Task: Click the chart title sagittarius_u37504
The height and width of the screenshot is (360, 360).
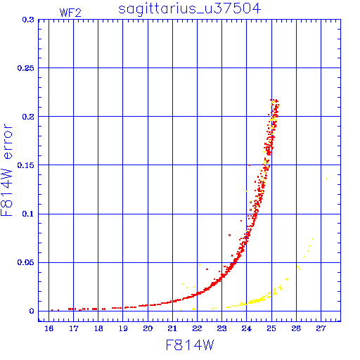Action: coord(189,9)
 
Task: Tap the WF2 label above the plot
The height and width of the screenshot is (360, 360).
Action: coord(70,13)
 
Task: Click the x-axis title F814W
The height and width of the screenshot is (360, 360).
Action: coord(190,345)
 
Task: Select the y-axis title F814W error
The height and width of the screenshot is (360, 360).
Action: coord(7,169)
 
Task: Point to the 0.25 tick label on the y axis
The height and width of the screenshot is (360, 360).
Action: coord(25,68)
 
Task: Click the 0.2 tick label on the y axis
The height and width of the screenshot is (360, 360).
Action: coord(28,117)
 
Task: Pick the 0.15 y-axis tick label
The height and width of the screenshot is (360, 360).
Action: coord(25,165)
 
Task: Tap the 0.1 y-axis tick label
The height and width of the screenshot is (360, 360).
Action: coord(28,214)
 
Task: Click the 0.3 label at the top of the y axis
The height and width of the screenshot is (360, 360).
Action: coord(28,20)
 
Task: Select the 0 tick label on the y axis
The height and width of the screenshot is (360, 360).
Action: coord(32,311)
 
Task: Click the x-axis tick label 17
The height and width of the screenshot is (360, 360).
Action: coord(73,328)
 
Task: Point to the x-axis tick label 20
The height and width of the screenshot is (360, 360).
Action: coord(148,328)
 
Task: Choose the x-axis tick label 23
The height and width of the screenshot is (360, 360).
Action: coord(221,328)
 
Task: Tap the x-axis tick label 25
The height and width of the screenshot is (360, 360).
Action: coord(271,328)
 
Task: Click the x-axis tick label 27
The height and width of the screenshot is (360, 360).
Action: coord(321,328)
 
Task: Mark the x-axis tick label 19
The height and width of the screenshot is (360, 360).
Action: coord(123,328)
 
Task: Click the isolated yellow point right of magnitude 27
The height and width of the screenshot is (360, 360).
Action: coord(327,179)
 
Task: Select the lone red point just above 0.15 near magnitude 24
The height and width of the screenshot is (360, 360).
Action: coord(250,165)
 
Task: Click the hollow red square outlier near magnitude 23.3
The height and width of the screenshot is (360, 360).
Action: coord(229,235)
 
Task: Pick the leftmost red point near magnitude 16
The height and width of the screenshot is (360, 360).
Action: coord(52,310)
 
